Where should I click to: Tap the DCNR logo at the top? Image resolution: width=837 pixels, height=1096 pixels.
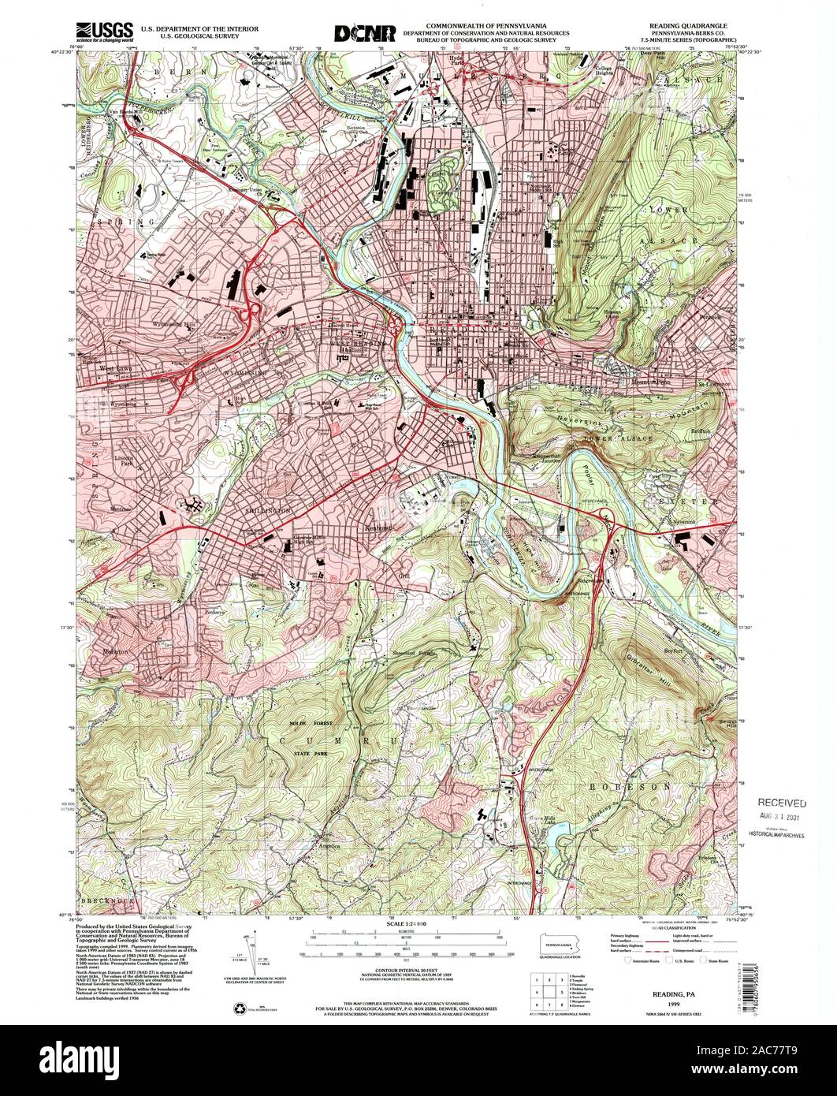tap(365, 33)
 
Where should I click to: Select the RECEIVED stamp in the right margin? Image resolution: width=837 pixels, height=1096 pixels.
tap(782, 803)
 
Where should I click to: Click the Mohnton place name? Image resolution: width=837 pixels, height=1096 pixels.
tap(115, 653)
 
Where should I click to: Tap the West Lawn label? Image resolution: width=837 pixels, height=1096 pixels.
tap(113, 367)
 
